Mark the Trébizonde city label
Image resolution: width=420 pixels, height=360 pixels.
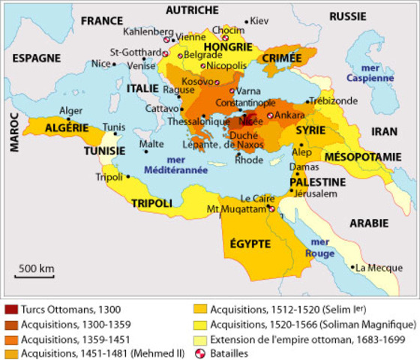[x=340, y=100]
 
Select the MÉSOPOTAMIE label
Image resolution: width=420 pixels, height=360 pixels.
[x=366, y=156]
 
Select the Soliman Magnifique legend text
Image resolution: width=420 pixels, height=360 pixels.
[x=312, y=324]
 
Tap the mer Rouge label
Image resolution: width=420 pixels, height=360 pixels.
[x=319, y=247]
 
